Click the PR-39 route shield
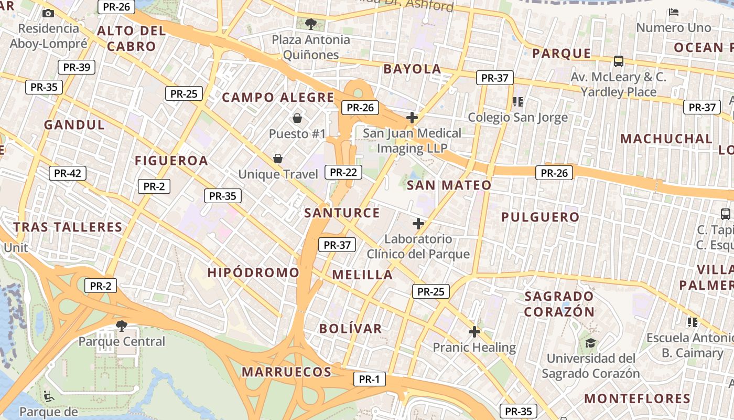tap(76, 67)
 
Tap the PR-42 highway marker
tap(67, 173)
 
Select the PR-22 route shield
tap(343, 172)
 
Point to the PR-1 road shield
tap(369, 379)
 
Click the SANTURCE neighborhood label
tap(342, 213)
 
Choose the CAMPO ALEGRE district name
tap(278, 97)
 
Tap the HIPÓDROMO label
tap(253, 272)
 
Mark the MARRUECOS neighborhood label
tap(286, 372)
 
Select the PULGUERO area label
tap(540, 217)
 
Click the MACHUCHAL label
tap(666, 139)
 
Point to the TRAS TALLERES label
tap(68, 227)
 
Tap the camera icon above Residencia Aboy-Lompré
tap(48, 13)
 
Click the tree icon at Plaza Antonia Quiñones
tap(311, 24)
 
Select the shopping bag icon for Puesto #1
tap(297, 118)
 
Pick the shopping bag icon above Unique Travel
tap(278, 158)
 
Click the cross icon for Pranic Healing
tap(474, 332)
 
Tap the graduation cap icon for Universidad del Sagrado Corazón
tap(591, 343)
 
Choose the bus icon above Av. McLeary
tap(619, 61)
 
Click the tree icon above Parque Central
tap(122, 325)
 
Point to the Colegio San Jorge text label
tap(517, 117)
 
